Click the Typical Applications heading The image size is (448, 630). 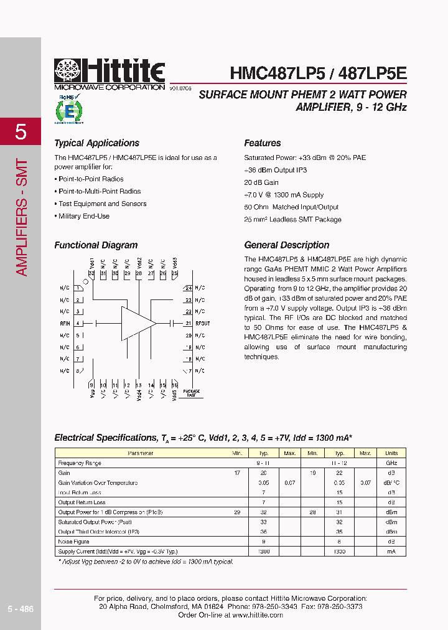point(96,143)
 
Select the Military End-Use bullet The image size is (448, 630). point(83,216)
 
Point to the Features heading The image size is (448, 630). point(262,143)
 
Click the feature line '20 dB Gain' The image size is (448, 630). point(261,182)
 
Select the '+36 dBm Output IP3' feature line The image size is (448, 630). point(275,170)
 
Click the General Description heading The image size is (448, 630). point(286,245)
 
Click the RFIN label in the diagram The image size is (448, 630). point(65,324)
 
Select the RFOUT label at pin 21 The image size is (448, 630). point(203,324)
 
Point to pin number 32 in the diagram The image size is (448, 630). point(91,273)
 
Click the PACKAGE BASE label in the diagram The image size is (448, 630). point(192,393)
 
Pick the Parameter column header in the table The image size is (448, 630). point(140,453)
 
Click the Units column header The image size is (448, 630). point(391,453)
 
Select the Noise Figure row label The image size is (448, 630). point(75,542)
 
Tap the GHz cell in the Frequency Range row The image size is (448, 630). point(391,463)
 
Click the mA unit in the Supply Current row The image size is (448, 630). point(391,552)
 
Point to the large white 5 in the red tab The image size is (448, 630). point(21,131)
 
